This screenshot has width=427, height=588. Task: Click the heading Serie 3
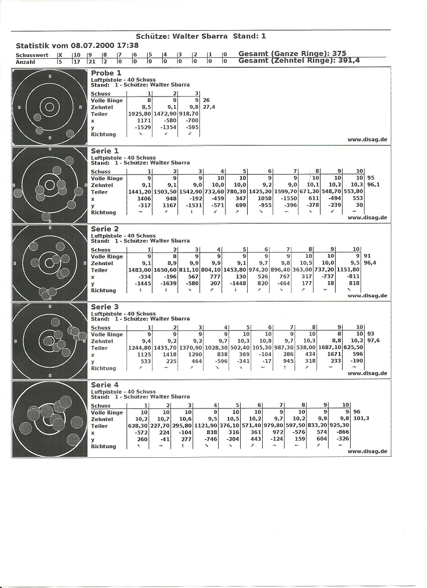coord(104,307)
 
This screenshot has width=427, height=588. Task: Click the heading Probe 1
coord(106,73)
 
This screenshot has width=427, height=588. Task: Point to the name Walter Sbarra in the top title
coord(200,36)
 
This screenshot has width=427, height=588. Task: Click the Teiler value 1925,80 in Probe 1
coord(140,114)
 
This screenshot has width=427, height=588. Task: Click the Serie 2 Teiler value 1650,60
coord(166,270)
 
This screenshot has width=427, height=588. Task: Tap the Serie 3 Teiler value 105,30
coord(262,348)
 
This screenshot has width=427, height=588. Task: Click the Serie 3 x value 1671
coord(335,355)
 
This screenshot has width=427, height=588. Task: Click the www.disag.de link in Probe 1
coord(367,140)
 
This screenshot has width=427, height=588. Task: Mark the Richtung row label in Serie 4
coord(103,446)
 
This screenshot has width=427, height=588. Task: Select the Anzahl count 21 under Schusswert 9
coord(90,61)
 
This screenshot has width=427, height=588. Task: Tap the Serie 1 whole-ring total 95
coord(371,178)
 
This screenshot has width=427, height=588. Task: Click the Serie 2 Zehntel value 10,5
coord(306,263)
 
